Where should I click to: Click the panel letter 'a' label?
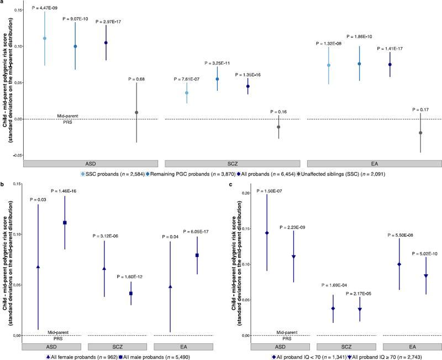coord(3,3)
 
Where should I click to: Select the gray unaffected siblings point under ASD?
coord(136,112)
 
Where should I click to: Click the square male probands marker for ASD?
coord(65,222)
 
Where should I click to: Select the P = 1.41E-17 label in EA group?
coord(390,49)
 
